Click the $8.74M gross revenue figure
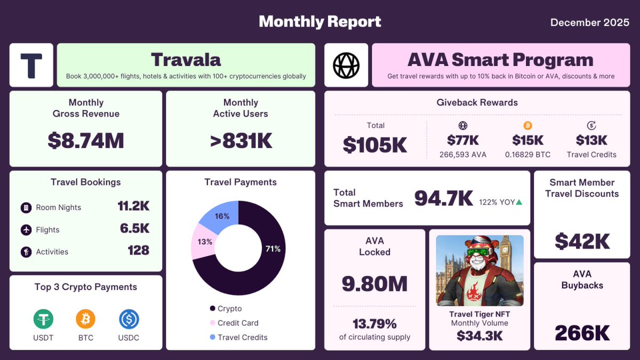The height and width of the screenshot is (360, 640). click(x=85, y=141)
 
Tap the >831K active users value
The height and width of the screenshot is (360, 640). click(x=241, y=141)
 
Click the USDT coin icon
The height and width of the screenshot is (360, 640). click(x=44, y=319)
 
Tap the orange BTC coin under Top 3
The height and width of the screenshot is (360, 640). click(x=85, y=319)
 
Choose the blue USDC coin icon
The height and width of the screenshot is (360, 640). click(x=129, y=319)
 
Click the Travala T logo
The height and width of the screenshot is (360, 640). click(x=31, y=65)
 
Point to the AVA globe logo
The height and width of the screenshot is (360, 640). click(x=346, y=65)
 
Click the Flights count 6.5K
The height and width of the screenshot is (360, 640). click(x=134, y=228)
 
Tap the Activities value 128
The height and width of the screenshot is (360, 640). click(x=138, y=250)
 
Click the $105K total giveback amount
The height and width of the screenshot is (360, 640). click(x=375, y=145)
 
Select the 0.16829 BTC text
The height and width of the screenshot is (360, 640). click(x=527, y=155)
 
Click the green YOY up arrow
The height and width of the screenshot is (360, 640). click(x=519, y=202)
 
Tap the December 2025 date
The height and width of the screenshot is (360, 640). click(x=589, y=22)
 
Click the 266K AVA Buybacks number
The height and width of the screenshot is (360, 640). click(x=582, y=333)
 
